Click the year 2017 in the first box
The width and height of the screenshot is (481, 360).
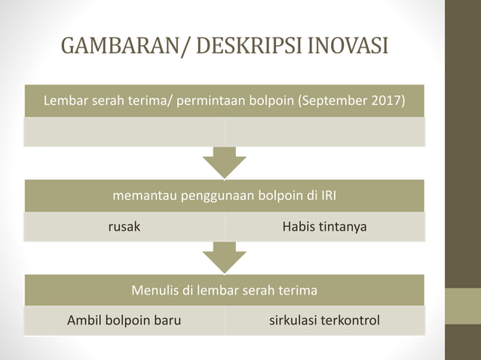point(385,101)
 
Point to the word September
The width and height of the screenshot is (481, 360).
point(335,101)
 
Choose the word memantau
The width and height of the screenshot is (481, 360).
point(143,197)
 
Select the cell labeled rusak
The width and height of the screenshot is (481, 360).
point(124,226)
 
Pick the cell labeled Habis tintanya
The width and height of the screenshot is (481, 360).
point(325,226)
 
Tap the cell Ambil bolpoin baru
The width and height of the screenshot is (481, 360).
point(124,321)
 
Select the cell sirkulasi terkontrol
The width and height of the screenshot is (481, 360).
point(325,321)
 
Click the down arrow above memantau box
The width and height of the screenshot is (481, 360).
point(225,161)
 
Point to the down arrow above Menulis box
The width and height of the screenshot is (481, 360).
point(225,257)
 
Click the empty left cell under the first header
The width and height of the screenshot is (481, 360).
point(124,132)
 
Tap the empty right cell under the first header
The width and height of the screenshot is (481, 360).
point(325,132)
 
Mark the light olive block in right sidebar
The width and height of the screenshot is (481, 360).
point(463,306)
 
